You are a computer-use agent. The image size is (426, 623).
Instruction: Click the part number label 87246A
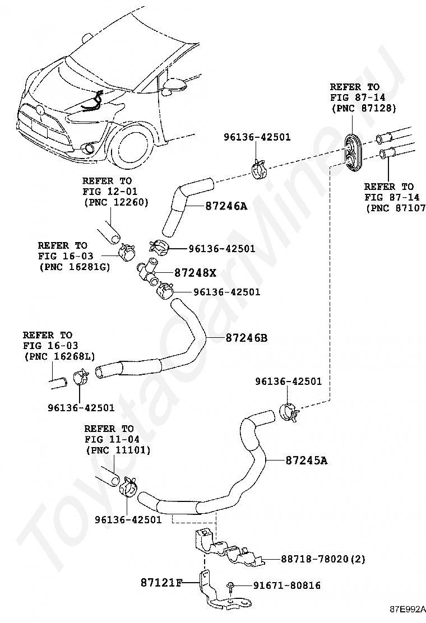(226, 206)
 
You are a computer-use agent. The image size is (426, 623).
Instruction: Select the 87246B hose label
(247, 338)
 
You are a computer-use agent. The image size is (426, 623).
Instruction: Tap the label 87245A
(307, 461)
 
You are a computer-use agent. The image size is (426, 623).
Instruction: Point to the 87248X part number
(195, 272)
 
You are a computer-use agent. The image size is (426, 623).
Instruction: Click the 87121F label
(161, 583)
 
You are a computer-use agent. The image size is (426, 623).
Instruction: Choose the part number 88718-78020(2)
(323, 559)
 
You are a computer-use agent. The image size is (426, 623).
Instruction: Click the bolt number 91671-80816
(287, 585)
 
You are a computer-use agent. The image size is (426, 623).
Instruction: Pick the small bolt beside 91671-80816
(230, 587)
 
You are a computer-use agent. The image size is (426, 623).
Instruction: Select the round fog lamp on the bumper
(87, 149)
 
